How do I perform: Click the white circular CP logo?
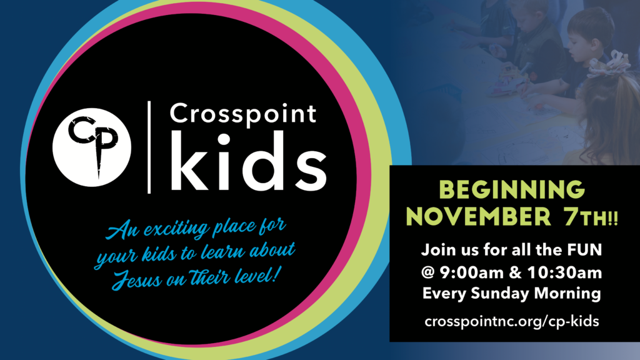pos(92,147)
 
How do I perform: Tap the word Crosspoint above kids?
pos(243,114)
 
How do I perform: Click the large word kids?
pos(248,161)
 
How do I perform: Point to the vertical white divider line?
pos(149,147)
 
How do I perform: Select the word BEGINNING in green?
pos(512,190)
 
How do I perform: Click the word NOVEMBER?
pos(478,217)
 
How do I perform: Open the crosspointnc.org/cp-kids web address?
pos(512,321)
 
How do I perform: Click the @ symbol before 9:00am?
pos(428,272)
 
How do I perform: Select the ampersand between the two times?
pos(516,272)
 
